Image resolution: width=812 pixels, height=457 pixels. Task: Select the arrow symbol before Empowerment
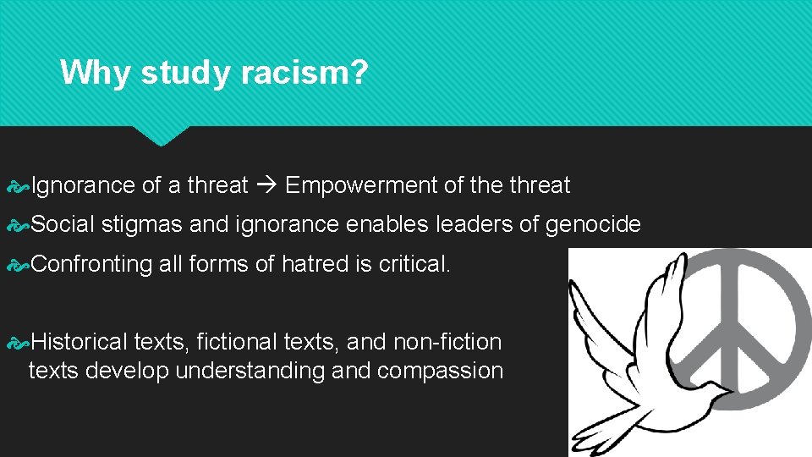(266, 185)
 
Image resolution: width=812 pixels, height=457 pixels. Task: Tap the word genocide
(593, 224)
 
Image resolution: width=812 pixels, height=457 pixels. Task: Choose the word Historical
(79, 342)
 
